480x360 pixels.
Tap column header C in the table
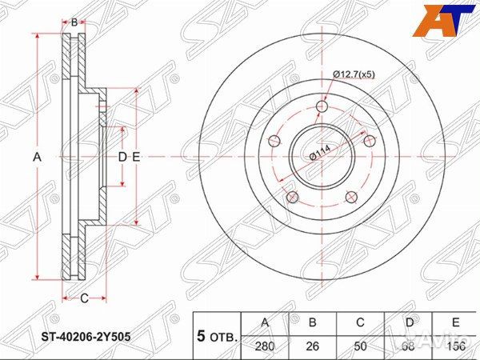(362, 323)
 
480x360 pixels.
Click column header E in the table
(456, 323)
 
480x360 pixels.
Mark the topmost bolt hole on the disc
(322, 107)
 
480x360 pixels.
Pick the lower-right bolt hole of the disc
(350, 197)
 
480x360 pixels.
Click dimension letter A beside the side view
(37, 158)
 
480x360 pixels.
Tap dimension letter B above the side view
(74, 22)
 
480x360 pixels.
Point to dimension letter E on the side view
(136, 158)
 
